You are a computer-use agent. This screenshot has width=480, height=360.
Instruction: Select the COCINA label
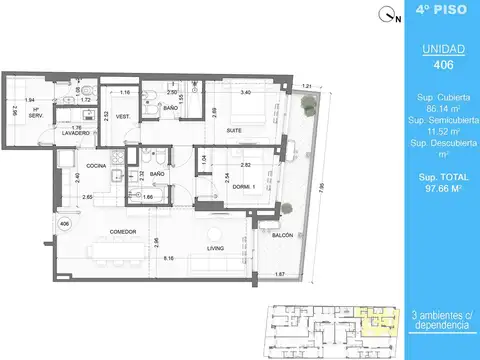coord(97,165)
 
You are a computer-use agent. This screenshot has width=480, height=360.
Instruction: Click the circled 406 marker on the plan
coord(64,224)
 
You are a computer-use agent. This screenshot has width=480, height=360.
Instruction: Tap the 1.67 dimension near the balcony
coord(283,274)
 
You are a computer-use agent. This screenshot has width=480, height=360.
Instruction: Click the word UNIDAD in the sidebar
coord(430,49)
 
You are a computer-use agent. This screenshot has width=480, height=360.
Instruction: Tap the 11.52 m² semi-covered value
coord(430,131)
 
